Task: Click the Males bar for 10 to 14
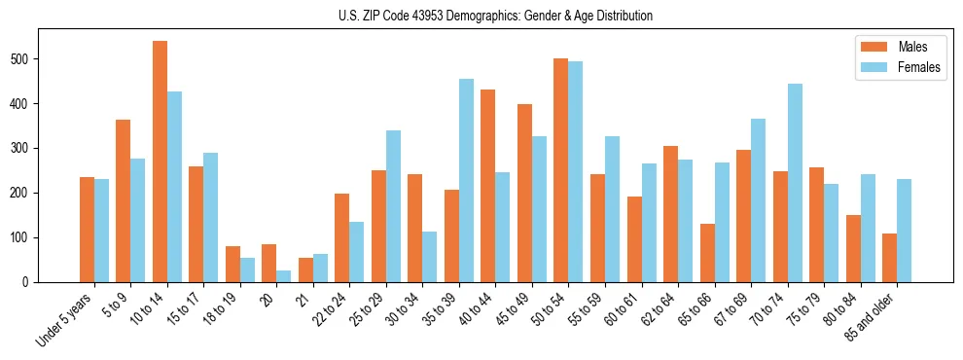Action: coord(160,162)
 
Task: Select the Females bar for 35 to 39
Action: coord(467,181)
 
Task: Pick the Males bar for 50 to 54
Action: coord(561,170)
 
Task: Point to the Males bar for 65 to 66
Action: coord(707,253)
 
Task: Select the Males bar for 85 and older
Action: coord(889,258)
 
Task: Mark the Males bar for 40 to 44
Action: coord(488,186)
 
